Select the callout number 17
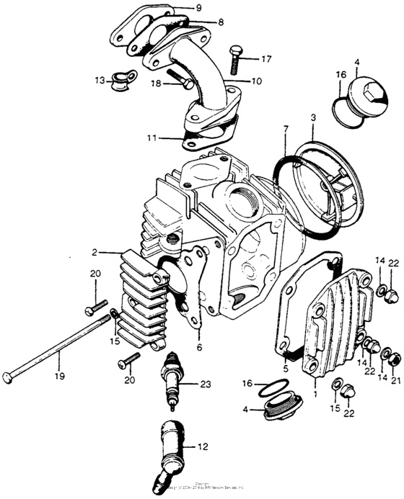tap(267, 60)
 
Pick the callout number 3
tap(312, 117)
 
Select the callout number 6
tap(199, 347)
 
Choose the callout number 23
tap(206, 385)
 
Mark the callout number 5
tap(285, 369)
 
